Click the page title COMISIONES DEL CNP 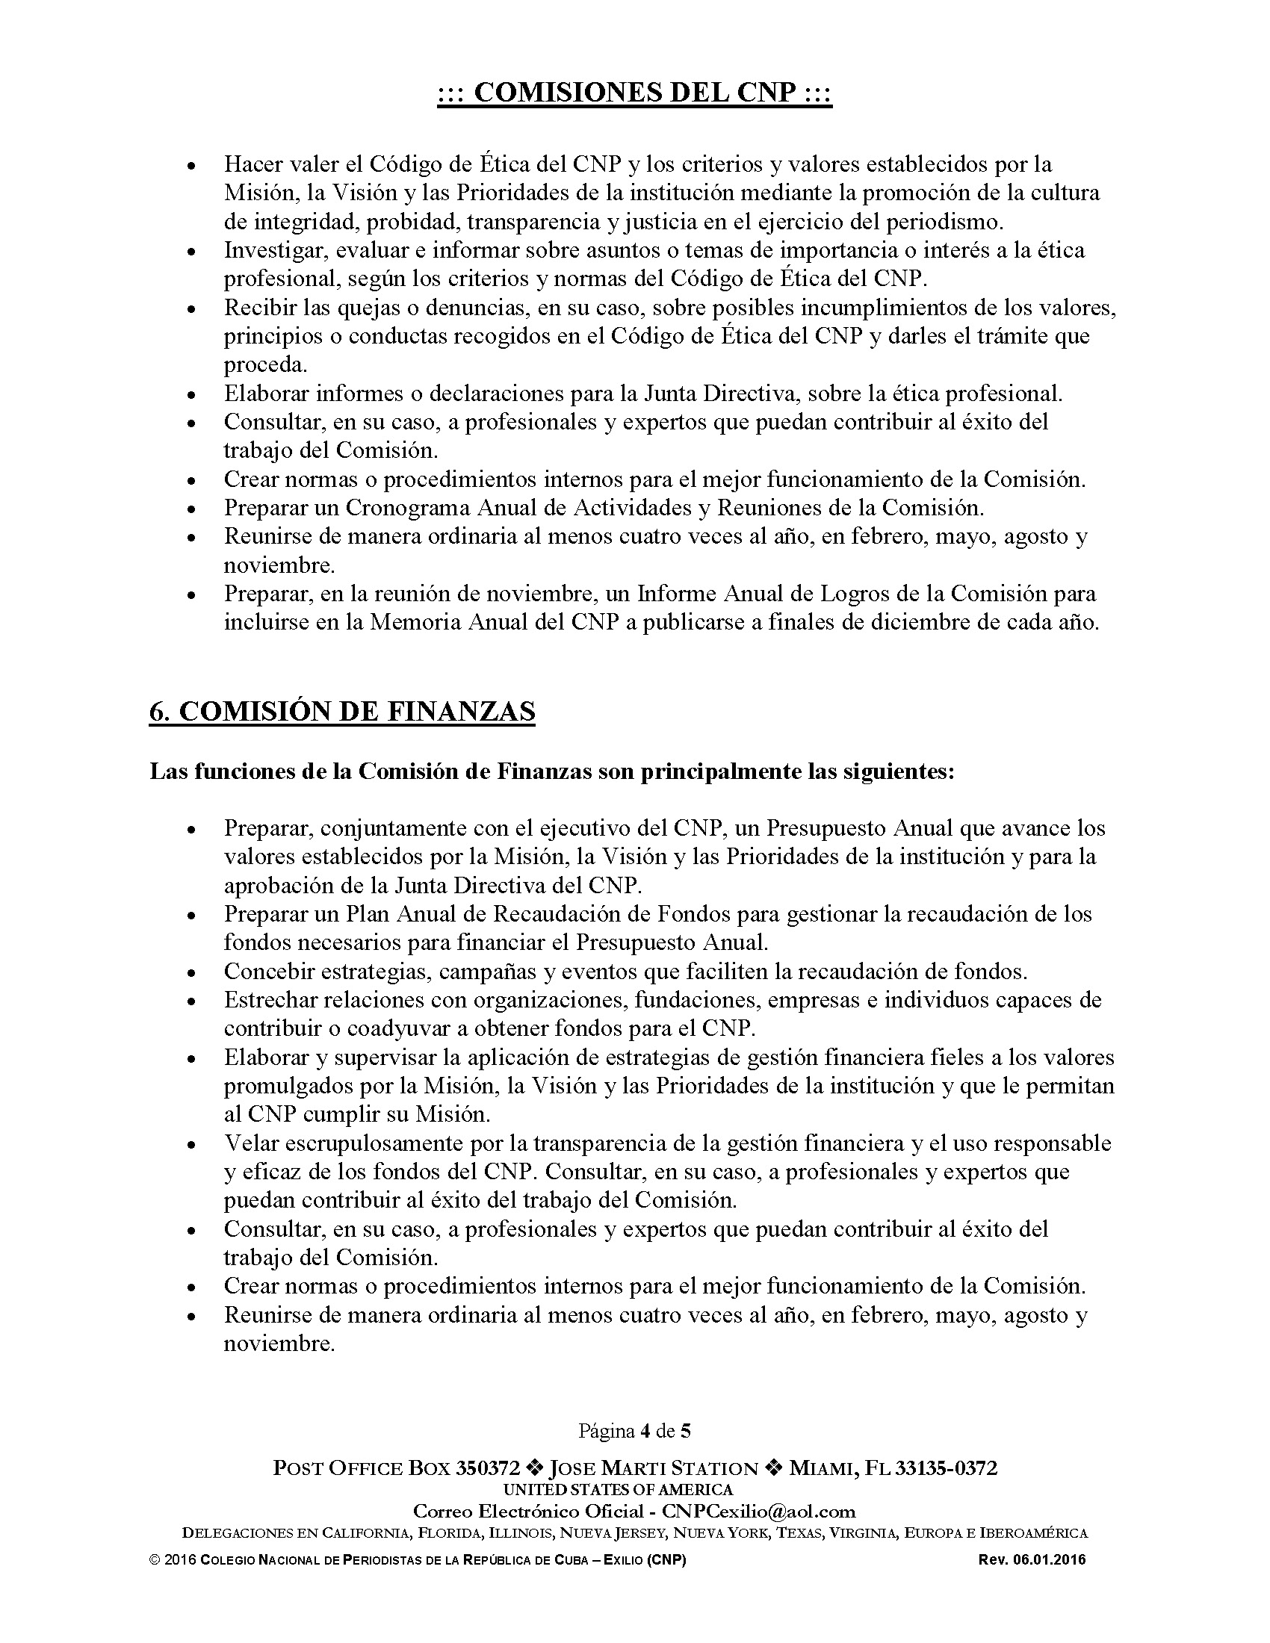634,93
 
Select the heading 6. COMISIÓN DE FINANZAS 342,711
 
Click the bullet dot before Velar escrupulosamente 192,1145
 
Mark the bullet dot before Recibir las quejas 192,309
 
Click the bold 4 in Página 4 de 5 645,1430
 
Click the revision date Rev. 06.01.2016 1032,1560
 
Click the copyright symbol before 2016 154,1560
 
